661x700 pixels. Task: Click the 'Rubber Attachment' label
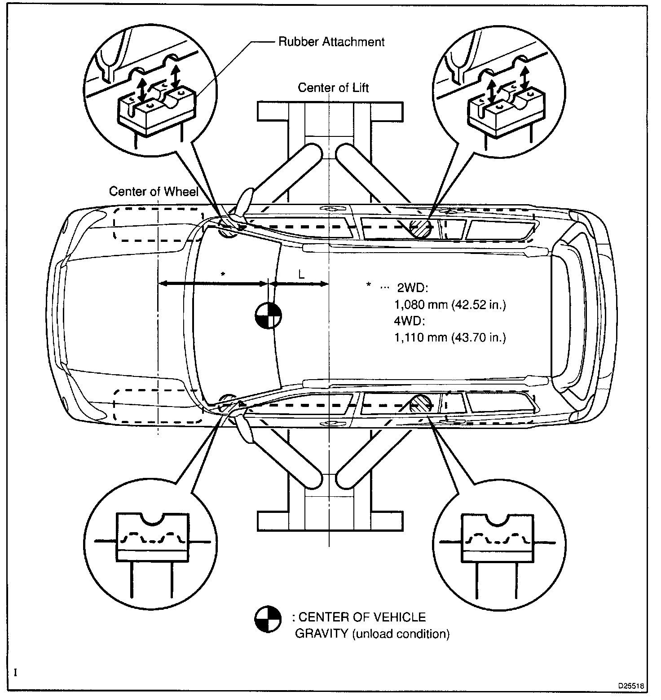tap(331, 42)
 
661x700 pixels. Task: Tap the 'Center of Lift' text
tap(333, 87)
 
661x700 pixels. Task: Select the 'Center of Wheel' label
tap(154, 192)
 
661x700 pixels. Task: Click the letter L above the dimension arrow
tap(301, 274)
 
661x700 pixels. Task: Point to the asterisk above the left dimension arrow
tap(223, 274)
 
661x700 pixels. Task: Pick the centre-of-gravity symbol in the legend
tap(268, 620)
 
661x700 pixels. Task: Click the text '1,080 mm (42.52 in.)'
tap(450, 305)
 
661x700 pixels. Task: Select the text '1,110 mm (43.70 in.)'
tap(450, 337)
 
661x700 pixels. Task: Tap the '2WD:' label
tap(413, 288)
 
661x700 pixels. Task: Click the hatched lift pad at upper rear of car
tap(422, 228)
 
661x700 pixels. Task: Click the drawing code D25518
tap(631, 686)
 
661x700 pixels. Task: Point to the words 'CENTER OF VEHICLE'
tap(362, 617)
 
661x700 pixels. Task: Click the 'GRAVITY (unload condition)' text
tap(372, 634)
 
